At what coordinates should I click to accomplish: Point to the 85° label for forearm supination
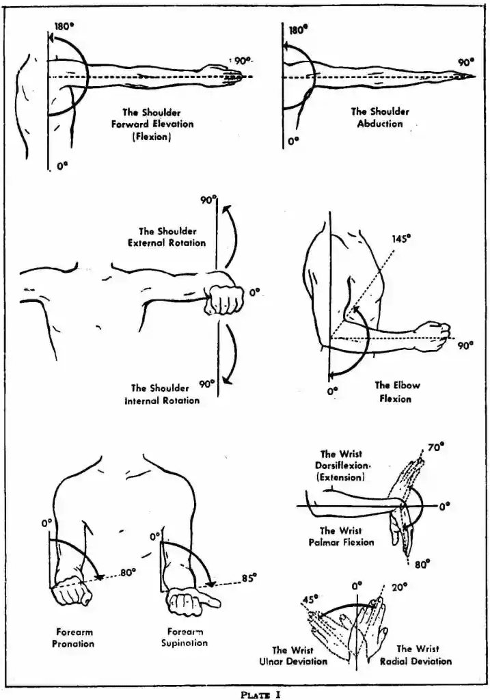249,578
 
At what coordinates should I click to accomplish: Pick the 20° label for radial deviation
399,587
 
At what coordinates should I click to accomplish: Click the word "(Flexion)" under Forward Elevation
152,136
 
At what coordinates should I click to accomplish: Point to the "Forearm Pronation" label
72,638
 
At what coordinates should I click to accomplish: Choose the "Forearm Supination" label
187,638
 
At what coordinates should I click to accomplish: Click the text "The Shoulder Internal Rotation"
162,394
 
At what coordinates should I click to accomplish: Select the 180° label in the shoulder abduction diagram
297,31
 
